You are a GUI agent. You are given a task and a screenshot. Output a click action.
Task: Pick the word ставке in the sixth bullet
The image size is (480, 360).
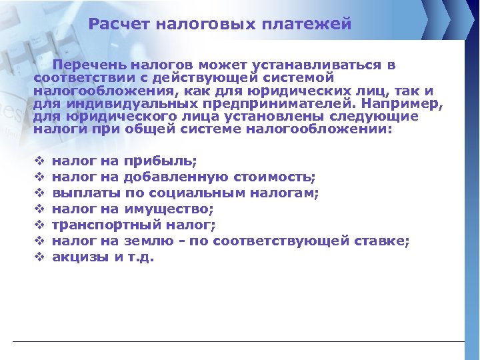(383, 241)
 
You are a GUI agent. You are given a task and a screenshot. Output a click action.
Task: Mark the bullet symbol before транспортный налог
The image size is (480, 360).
(38, 225)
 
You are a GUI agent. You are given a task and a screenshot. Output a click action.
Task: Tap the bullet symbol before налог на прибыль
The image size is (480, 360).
(38, 161)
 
